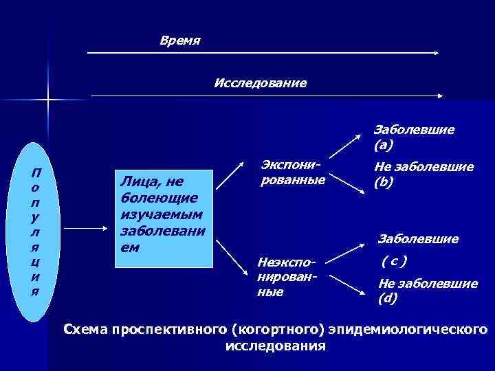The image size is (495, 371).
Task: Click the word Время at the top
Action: click(x=179, y=41)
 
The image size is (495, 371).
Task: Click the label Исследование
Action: click(x=261, y=83)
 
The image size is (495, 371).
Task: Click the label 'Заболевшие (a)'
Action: click(x=413, y=137)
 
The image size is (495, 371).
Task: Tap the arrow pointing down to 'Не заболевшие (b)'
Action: click(x=350, y=186)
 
